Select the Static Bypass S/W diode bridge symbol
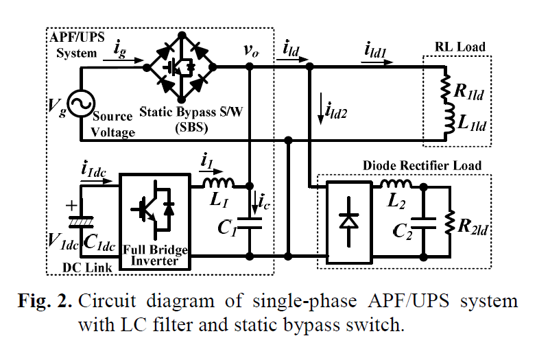180,67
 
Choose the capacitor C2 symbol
427,221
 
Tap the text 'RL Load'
460,47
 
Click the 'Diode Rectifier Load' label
421,165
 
